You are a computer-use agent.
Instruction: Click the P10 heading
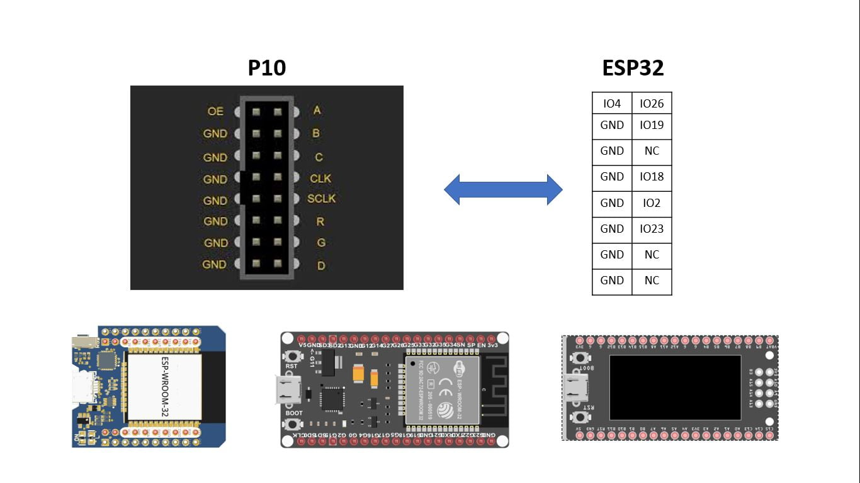pos(267,67)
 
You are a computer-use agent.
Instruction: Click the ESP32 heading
pos(632,67)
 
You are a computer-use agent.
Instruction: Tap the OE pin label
pos(215,111)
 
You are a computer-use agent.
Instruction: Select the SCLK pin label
pos(321,199)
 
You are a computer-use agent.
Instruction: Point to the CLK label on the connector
pos(320,179)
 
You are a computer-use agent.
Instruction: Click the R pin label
pos(320,221)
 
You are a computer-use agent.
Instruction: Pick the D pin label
pos(320,265)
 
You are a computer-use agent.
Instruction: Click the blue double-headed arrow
pos(503,189)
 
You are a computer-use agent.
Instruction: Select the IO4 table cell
pos(611,104)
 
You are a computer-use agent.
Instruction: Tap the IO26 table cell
pos(652,104)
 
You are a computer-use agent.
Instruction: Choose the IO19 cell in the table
pos(652,125)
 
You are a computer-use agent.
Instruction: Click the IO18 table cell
pos(652,177)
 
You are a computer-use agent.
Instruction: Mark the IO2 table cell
pos(652,203)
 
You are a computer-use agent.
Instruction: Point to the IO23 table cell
pos(652,229)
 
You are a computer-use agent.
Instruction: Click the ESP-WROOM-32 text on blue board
pos(166,387)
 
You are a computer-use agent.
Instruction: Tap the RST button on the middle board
pos(292,355)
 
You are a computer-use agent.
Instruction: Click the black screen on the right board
pos(675,387)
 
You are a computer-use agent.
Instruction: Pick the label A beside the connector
pos(317,111)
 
